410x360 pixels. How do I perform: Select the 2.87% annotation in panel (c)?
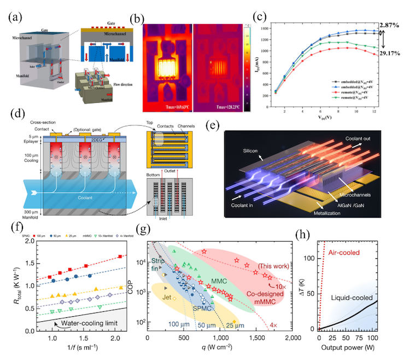[x=394, y=26]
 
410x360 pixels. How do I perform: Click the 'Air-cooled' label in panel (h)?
[x=344, y=253]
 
